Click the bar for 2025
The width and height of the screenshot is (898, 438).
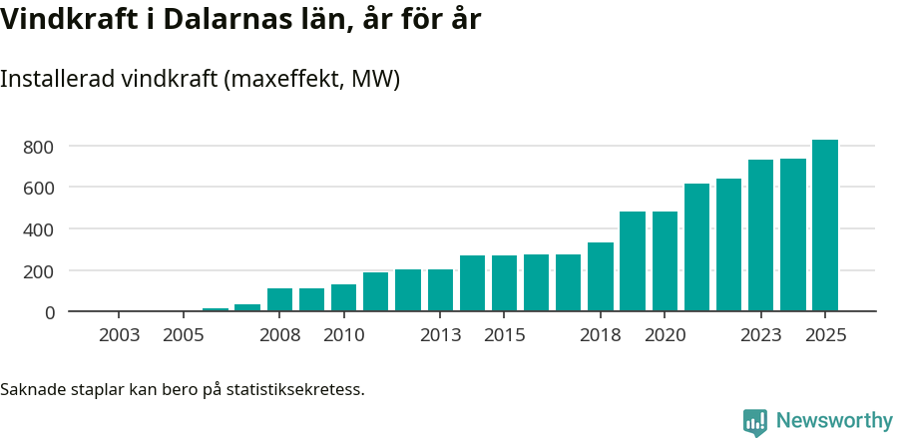(824, 225)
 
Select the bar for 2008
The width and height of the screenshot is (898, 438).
(279, 299)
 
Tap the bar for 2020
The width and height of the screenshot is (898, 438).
(665, 261)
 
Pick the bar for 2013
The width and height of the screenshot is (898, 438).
(440, 290)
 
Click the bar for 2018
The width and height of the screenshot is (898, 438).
(601, 276)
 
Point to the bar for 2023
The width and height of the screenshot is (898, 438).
(760, 235)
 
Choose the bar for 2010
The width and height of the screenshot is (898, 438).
(343, 297)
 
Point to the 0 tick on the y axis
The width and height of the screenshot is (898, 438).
(49, 312)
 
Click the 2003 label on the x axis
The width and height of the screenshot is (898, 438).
(120, 335)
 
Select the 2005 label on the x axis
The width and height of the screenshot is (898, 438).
(184, 335)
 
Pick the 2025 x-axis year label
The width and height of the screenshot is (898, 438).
(825, 335)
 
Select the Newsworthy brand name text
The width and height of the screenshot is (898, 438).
(834, 421)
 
